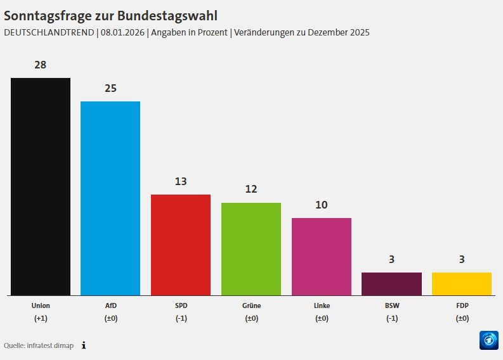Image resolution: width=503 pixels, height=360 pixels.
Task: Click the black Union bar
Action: [41, 186]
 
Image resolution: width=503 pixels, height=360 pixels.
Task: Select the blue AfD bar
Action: [110, 198]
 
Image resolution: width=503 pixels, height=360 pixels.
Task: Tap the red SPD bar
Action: [181, 245]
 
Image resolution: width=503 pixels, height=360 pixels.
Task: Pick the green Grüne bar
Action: [251, 248]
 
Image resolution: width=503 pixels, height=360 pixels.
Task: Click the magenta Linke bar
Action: [322, 256]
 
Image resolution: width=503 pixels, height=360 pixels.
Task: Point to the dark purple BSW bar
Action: [391, 283]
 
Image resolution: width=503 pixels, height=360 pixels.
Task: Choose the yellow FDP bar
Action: [462, 283]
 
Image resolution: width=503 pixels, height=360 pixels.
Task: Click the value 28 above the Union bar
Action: [41, 65]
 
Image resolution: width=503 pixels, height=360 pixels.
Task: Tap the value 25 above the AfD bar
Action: [110, 88]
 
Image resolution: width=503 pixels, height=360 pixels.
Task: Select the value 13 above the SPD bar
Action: [181, 181]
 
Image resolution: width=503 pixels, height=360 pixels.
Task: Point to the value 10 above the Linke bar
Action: [322, 205]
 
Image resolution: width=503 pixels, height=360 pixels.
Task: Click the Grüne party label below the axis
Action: [251, 305]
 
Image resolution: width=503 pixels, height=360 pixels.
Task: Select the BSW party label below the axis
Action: [391, 305]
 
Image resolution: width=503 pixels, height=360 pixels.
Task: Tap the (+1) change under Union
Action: [41, 318]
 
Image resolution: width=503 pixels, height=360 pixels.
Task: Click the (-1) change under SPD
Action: [181, 318]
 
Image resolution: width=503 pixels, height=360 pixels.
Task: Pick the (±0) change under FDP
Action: [462, 318]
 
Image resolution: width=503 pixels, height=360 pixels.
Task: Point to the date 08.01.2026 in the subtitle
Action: [122, 32]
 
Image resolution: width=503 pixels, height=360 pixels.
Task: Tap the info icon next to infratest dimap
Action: [84, 345]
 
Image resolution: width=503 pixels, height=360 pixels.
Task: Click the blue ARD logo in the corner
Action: [488, 340]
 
